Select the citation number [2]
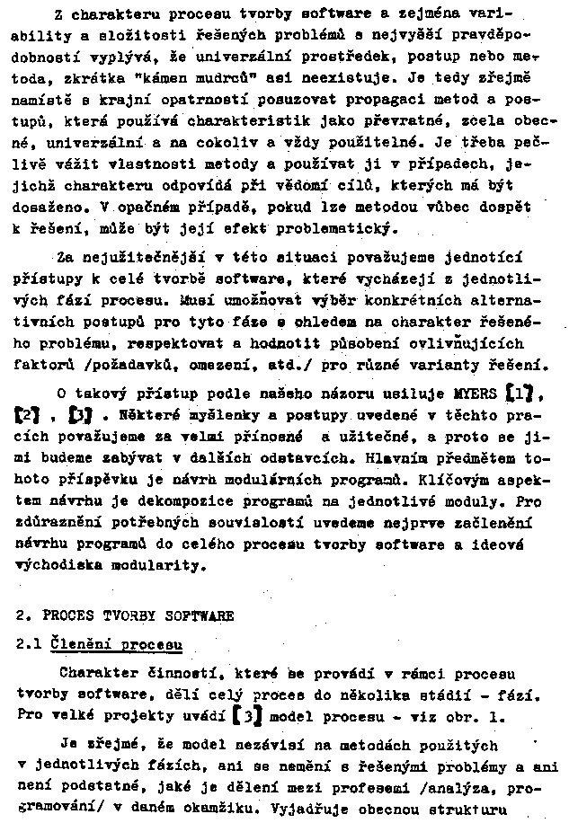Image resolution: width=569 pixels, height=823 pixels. coord(29,416)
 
